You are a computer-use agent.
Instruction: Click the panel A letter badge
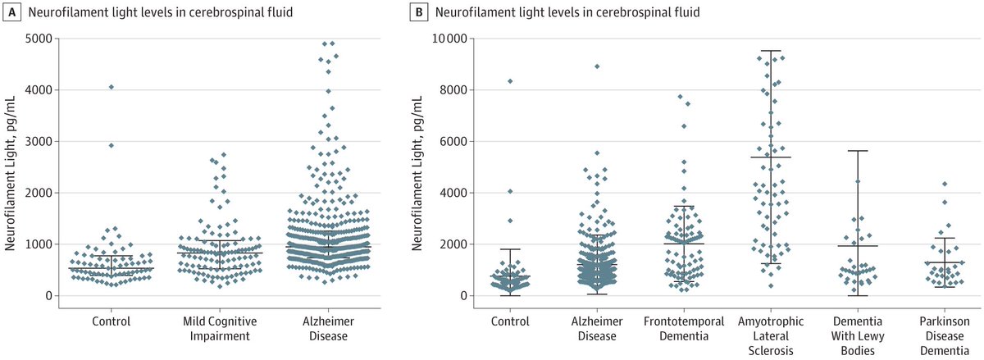pos(11,13)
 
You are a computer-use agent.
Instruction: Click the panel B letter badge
pos(421,13)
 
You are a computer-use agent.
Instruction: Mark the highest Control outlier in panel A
pos(112,87)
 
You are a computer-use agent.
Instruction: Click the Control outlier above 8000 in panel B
pos(509,81)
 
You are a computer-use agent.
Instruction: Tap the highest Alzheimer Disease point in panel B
pos(597,66)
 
